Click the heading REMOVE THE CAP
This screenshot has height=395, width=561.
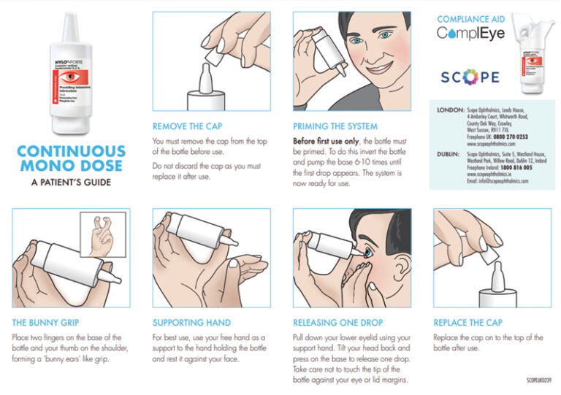[188, 125]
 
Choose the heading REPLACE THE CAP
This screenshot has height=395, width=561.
[468, 321]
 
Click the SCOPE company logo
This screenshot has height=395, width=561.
[470, 77]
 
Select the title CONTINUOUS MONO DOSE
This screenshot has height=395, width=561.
[71, 158]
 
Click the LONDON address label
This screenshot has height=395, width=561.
[449, 110]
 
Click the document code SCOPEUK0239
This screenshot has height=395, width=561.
[540, 380]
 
